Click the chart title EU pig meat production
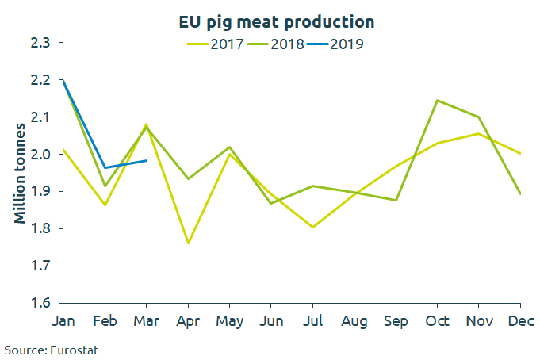click(276, 21)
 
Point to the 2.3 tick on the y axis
click(41, 43)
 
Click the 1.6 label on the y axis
click(41, 303)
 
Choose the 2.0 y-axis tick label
click(41, 154)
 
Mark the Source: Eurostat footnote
click(52, 349)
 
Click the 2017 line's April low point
click(188, 243)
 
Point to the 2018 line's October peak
click(437, 100)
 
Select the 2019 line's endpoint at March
click(147, 160)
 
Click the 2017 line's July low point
click(312, 227)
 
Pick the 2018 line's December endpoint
click(520, 193)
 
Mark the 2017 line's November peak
click(478, 133)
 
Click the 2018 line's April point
click(188, 178)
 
